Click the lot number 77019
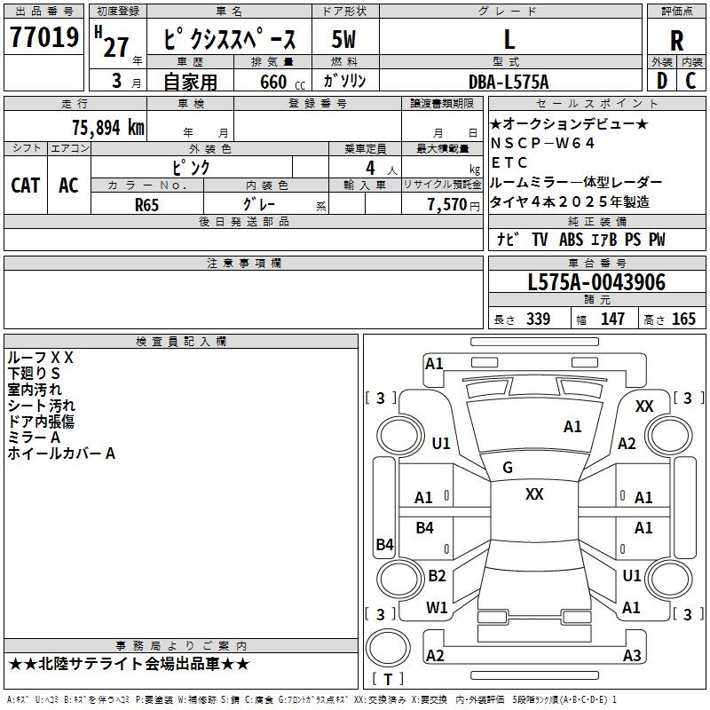(x=44, y=37)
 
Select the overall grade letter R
(x=676, y=41)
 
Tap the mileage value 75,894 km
(x=108, y=128)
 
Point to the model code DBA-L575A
(x=509, y=82)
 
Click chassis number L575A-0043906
(x=596, y=282)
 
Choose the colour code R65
(x=146, y=205)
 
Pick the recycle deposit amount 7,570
(x=447, y=205)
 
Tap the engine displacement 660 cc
(x=282, y=82)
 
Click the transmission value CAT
(x=26, y=185)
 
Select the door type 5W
(x=343, y=39)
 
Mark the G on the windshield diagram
(x=508, y=468)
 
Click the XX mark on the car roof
(x=534, y=494)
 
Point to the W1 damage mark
(x=437, y=607)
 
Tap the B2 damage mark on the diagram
(x=437, y=575)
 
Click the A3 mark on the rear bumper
(x=632, y=655)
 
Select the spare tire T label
(x=388, y=679)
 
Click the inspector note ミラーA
(x=34, y=438)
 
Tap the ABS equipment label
(x=571, y=240)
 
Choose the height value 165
(x=683, y=319)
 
